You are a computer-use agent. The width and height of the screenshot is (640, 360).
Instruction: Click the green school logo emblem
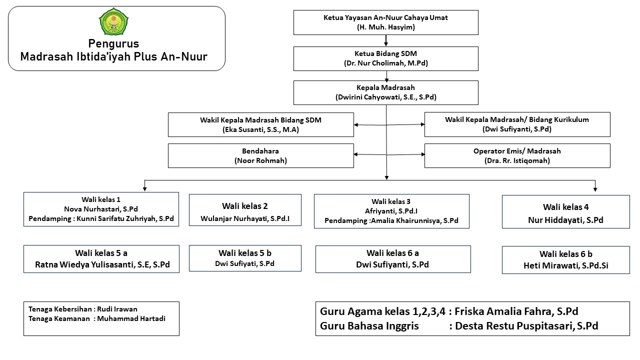pos(113,21)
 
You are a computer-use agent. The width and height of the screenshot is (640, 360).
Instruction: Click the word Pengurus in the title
pos(113,43)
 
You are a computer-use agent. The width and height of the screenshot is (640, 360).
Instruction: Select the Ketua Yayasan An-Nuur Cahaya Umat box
pos(385,22)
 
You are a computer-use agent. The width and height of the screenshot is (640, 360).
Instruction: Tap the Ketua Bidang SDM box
pos(385,58)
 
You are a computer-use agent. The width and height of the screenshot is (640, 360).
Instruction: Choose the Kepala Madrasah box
pos(385,92)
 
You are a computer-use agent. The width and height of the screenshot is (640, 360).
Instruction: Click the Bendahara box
pos(261,155)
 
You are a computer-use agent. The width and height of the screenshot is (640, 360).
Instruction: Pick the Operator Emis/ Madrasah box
pos(517,155)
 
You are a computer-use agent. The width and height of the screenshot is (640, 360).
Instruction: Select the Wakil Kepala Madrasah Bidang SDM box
pos(261,124)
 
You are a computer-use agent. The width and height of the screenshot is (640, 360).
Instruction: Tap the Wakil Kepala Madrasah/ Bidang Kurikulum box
pos(517,124)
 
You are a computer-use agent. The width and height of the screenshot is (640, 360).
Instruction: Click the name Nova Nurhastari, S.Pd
pos(101,209)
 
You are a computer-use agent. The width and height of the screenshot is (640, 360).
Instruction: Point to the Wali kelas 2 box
pos(245,210)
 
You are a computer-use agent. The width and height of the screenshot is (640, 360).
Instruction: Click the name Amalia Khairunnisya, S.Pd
pos(414,220)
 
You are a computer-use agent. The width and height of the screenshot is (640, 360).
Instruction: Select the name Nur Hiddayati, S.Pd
pos(565,220)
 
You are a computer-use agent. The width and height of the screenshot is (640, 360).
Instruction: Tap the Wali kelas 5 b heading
pos(245,253)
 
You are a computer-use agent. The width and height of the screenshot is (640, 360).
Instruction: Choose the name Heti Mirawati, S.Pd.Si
pos(565,265)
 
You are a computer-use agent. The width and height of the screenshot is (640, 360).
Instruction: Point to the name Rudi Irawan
pos(117,309)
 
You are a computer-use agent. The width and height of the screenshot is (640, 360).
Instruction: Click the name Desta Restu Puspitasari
pos(514,326)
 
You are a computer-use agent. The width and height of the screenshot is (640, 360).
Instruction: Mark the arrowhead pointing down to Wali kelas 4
pos(595,189)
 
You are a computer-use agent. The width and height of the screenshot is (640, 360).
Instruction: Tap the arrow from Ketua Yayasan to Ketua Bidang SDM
pos(385,40)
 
